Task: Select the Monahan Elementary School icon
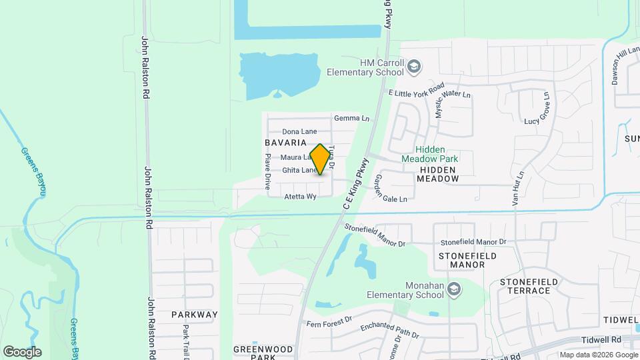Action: pyautogui.click(x=454, y=289)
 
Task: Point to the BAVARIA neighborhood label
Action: pyautogui.click(x=285, y=143)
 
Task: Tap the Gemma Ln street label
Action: pyautogui.click(x=351, y=118)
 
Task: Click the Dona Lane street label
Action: pyautogui.click(x=299, y=131)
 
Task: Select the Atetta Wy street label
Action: pyautogui.click(x=300, y=197)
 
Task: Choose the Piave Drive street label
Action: pyautogui.click(x=267, y=170)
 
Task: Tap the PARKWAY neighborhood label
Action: pyautogui.click(x=195, y=314)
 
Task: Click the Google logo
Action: pyautogui.click(x=22, y=352)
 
